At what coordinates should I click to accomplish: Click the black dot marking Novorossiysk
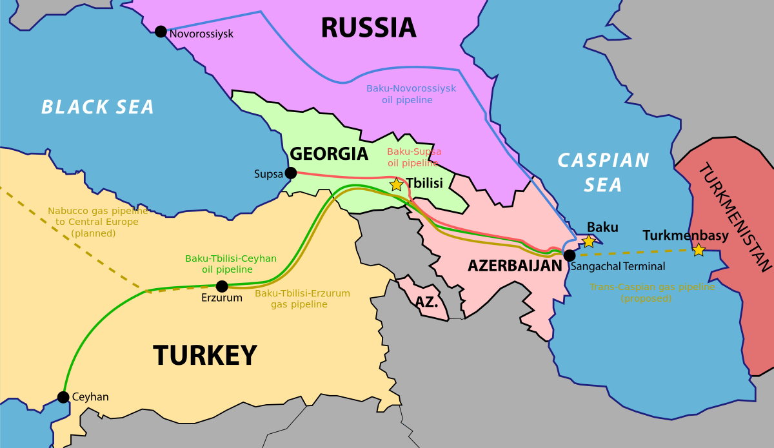tap(161, 32)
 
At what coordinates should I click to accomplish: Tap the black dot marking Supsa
tap(291, 173)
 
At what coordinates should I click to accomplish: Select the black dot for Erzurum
tap(222, 286)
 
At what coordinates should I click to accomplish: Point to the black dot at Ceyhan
tap(63, 397)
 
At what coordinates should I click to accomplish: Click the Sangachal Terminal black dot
tap(569, 255)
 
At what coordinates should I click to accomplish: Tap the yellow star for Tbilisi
tap(396, 184)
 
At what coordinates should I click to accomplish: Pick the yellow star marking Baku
tap(589, 241)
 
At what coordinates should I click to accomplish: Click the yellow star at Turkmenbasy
tap(699, 249)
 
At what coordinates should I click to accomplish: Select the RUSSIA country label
tap(368, 28)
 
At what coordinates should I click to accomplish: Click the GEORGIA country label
tap(329, 154)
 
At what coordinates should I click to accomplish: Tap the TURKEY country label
tap(204, 355)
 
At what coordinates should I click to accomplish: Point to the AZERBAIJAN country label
tap(515, 266)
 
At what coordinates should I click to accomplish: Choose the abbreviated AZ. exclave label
tap(427, 302)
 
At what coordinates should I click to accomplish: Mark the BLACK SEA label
tap(98, 107)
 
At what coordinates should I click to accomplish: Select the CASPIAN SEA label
tap(603, 172)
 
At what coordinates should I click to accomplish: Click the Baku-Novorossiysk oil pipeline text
tap(411, 94)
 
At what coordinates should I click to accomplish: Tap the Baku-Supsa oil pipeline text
tap(414, 157)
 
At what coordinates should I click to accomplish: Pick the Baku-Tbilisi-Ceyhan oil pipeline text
tap(231, 264)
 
